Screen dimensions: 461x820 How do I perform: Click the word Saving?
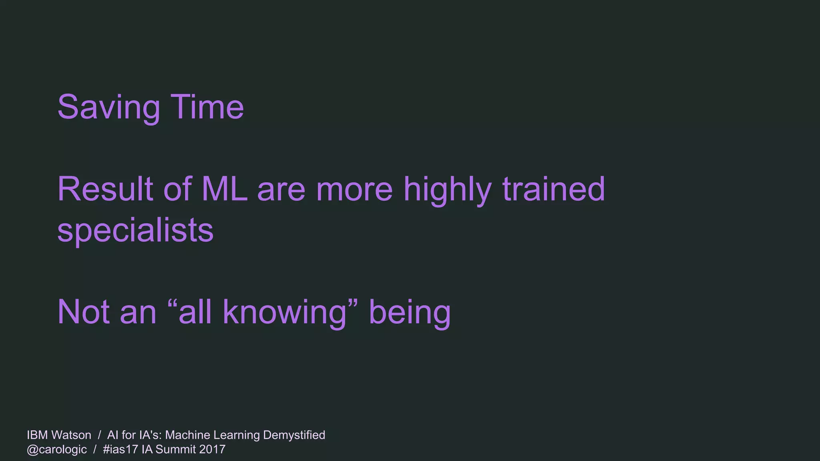click(109, 107)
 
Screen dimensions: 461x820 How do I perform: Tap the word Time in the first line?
click(207, 107)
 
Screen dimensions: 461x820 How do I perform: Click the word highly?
click(447, 190)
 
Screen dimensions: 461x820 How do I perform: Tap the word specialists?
click(135, 230)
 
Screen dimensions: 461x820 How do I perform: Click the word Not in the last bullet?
click(83, 312)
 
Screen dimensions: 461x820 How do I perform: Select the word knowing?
click(284, 313)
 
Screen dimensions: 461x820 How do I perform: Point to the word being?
click(410, 313)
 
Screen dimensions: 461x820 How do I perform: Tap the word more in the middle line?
click(354, 190)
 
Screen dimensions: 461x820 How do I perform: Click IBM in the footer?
click(37, 435)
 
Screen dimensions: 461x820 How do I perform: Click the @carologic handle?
click(57, 449)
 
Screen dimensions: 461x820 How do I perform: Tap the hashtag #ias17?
click(121, 449)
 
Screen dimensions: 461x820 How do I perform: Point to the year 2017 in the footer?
click(212, 449)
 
